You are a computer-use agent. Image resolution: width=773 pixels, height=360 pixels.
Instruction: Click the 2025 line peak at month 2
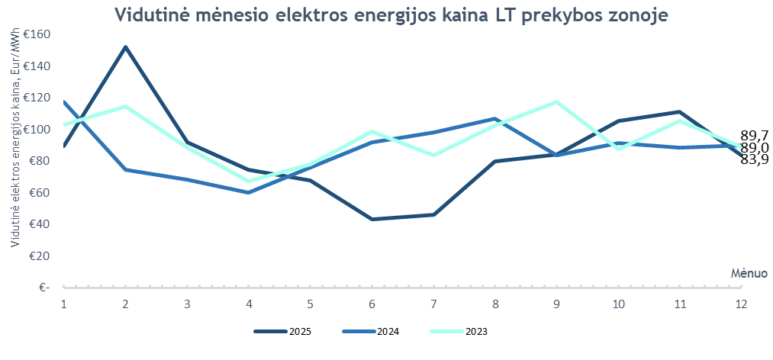pos(125,47)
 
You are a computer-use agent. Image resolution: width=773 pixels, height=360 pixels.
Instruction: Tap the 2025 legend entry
pos(282,332)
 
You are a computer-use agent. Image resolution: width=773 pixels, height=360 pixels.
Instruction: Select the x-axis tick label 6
pos(372,304)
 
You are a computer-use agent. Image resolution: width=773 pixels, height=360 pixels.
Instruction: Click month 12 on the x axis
pos(740,304)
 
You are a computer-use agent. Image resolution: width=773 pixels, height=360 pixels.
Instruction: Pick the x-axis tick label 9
pos(556,304)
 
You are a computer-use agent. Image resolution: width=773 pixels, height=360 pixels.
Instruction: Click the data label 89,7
pos(754,135)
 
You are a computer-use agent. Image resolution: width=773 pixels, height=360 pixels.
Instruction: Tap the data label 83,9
pos(754,159)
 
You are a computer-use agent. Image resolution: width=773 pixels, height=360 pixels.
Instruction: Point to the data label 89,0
pos(754,147)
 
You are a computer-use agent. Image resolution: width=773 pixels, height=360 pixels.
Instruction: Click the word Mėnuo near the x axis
pos(749,272)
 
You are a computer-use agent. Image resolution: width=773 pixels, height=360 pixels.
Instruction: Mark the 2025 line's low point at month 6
pos(372,219)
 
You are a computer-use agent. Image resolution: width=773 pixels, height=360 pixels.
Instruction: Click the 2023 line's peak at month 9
pos(556,102)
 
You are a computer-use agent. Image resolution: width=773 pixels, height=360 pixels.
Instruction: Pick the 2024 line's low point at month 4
pos(249,192)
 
